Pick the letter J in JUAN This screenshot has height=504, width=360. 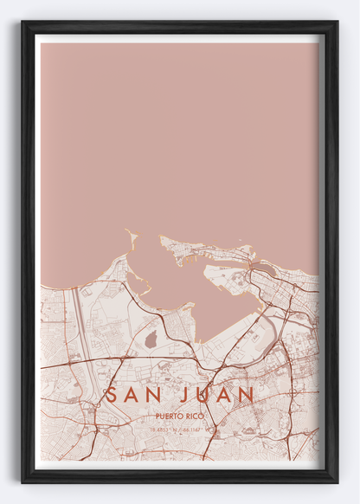pyautogui.click(x=186, y=395)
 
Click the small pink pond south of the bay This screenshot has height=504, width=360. pyautogui.click(x=150, y=339)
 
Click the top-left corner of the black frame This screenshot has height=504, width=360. pyautogui.click(x=22, y=22)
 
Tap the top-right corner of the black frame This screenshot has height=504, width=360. pyautogui.click(x=337, y=22)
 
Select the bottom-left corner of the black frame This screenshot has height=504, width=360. pyautogui.click(x=22, y=481)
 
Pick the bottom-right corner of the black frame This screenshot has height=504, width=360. pyautogui.click(x=337, y=481)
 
